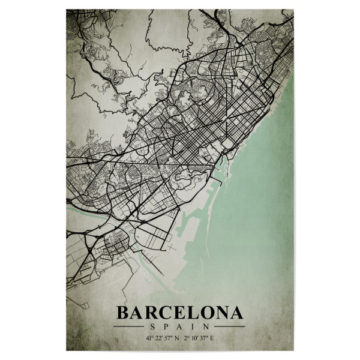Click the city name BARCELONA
tap(180, 313)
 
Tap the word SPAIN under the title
tap(180, 327)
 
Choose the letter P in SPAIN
tap(166, 327)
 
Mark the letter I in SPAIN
tap(194, 327)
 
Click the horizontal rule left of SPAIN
tap(129, 327)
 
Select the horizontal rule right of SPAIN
tap(230, 327)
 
